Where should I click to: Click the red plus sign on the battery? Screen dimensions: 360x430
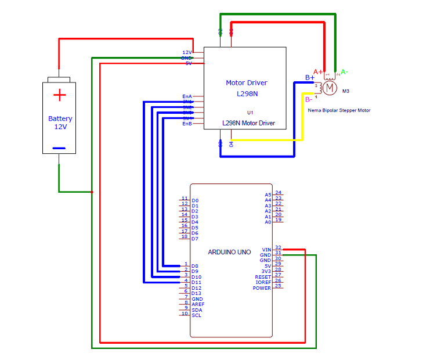[x=59, y=95]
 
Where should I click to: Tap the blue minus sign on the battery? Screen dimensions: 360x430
[x=59, y=148]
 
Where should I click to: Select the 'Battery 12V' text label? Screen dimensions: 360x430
[x=60, y=123]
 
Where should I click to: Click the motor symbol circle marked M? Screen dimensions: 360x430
[x=330, y=88]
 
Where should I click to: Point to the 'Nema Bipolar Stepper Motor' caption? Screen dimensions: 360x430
[x=339, y=110]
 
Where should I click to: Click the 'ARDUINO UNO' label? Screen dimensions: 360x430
[x=230, y=252]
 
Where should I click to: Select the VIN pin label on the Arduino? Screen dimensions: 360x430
[x=266, y=250]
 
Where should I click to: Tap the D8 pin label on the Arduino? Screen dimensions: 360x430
[x=195, y=266]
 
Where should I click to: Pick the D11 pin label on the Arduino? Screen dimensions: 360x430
[x=196, y=282]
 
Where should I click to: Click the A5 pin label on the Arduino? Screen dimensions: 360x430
[x=268, y=195]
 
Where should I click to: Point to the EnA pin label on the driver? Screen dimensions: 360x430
[x=187, y=96]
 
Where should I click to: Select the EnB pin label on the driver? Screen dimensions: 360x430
[x=187, y=124]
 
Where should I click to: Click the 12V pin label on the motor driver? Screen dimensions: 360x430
[x=187, y=52]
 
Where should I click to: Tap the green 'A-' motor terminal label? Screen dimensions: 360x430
[x=344, y=72]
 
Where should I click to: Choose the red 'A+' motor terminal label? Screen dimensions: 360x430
[x=318, y=71]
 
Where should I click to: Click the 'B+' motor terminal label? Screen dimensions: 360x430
[x=310, y=78]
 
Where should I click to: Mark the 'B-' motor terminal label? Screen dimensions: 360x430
[x=310, y=99]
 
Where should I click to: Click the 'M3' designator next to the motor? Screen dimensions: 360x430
[x=346, y=91]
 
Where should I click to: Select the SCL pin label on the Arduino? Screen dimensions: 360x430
[x=196, y=315]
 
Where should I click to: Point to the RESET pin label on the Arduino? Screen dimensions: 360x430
[x=263, y=277]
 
